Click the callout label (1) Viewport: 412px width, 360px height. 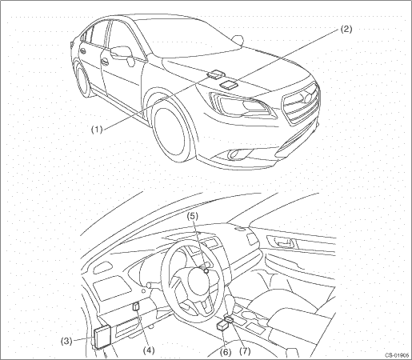(x=97, y=130)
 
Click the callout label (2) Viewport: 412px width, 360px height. (x=346, y=29)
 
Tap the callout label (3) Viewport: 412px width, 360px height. (x=66, y=341)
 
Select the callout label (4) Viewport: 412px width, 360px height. (x=149, y=350)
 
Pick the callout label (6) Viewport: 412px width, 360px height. (x=226, y=352)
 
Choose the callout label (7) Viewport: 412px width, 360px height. (x=245, y=351)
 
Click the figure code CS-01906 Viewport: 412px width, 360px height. (x=397, y=355)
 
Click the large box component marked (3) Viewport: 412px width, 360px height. (x=102, y=337)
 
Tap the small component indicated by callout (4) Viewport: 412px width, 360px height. (x=136, y=306)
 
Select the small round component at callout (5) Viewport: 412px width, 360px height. (x=206, y=271)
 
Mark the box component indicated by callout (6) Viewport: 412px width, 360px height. (x=222, y=326)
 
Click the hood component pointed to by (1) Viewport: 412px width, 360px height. (x=215, y=74)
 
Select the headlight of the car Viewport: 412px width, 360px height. (x=242, y=105)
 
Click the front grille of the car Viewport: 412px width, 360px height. (x=302, y=105)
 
